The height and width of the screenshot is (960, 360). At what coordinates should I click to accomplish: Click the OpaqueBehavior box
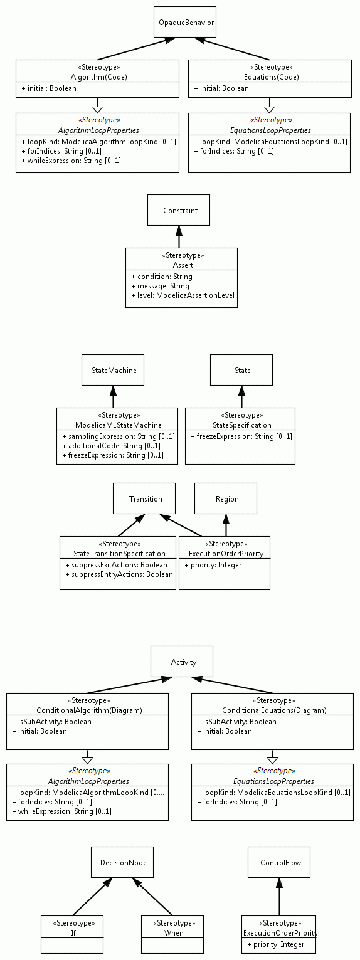(185, 22)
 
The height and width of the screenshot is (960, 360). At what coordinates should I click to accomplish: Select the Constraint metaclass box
(179, 210)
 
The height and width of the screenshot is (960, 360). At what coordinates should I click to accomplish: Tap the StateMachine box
(113, 370)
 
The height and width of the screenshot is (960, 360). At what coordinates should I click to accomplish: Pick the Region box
(226, 498)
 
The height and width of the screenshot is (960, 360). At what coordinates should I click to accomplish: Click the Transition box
(144, 498)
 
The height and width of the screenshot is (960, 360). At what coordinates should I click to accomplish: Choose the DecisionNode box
(122, 862)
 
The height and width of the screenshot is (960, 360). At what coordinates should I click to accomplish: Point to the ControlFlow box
(279, 862)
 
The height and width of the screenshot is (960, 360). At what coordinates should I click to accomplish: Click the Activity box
(182, 662)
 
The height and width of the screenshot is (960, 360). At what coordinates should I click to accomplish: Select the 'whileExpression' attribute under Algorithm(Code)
(71, 161)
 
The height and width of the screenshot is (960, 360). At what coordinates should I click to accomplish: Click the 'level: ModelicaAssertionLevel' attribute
(183, 295)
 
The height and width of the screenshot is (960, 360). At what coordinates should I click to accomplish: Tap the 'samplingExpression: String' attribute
(119, 436)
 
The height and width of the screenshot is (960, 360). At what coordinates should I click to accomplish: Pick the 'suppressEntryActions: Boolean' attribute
(119, 574)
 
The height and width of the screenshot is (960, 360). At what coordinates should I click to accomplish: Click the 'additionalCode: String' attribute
(112, 446)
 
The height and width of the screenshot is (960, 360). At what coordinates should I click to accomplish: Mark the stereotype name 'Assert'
(183, 265)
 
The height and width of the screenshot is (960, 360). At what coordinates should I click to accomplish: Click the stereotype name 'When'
(174, 933)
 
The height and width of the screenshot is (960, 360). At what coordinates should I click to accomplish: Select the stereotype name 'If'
(73, 933)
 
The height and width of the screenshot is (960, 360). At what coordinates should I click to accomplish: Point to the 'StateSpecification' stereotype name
(242, 425)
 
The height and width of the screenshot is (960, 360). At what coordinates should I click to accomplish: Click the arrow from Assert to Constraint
(179, 236)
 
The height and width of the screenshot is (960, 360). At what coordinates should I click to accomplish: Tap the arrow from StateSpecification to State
(241, 396)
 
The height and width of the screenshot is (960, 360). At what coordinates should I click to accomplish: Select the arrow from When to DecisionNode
(152, 897)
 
